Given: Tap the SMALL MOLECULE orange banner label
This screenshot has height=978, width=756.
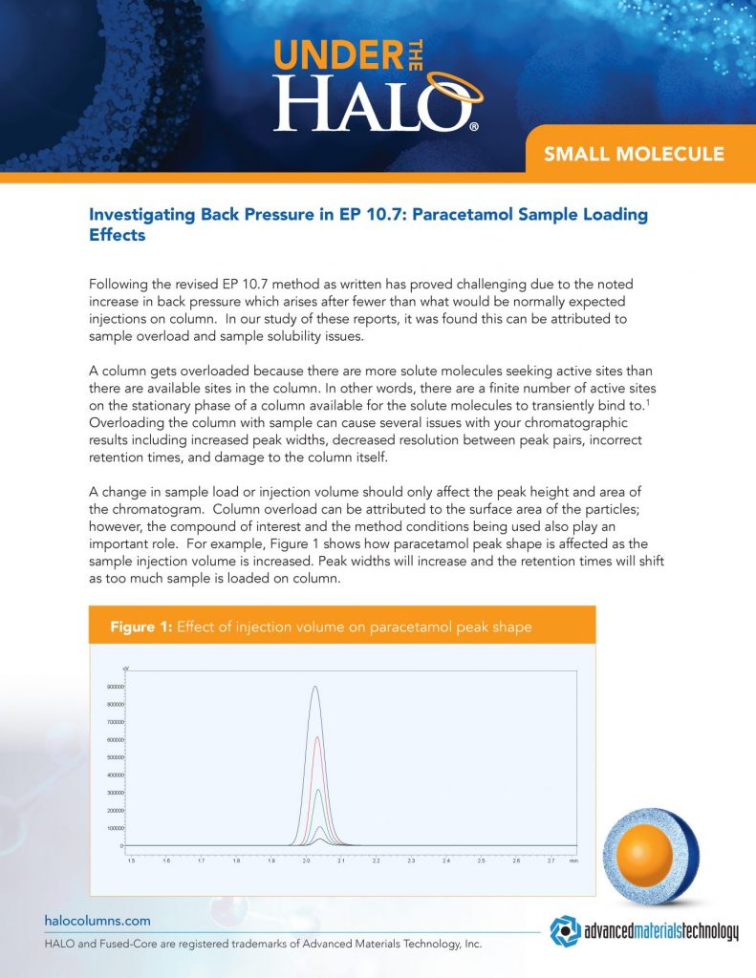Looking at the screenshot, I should (634, 154).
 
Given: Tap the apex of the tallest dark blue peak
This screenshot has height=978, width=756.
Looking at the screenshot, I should (315, 687).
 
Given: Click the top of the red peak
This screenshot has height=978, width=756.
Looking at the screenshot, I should (316, 737).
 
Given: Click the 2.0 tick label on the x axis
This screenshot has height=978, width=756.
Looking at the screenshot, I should (306, 860).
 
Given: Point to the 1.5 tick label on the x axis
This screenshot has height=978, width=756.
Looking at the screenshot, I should (132, 860).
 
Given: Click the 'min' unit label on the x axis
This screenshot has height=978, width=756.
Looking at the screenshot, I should (573, 860).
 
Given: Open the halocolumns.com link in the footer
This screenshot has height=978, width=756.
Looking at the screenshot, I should (97, 921).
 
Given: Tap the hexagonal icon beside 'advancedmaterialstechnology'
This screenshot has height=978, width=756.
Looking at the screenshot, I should (563, 929).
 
